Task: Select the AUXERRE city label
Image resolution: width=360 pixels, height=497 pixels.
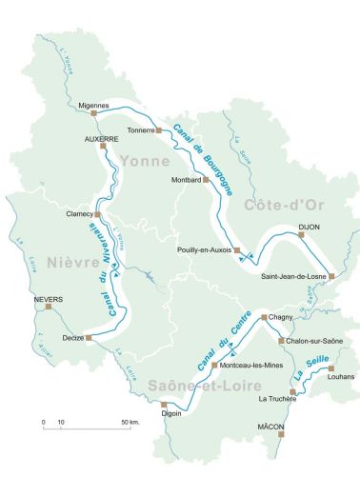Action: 101,138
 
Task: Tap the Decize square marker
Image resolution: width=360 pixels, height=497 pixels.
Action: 88,337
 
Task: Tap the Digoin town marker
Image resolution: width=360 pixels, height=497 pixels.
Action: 164,404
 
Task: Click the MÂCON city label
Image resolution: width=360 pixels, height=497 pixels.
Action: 271,427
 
